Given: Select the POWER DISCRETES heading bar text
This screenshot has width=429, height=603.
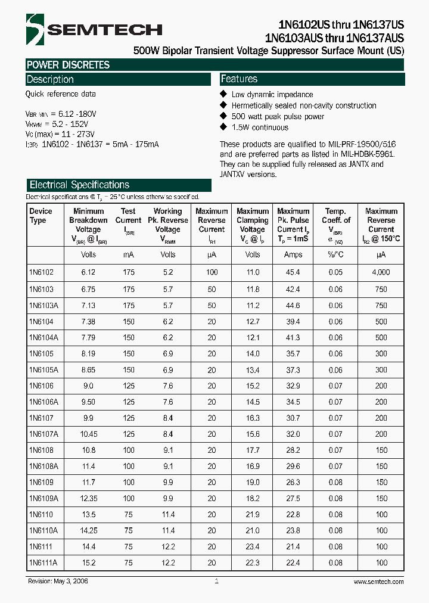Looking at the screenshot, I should coord(68,65).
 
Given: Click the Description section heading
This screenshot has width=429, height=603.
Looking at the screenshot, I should coord(50,79).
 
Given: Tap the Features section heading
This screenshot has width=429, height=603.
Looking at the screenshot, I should coord(239,79).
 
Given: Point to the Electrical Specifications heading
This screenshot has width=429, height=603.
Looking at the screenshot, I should coord(79,185).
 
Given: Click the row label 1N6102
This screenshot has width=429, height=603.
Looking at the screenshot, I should coord(41,272).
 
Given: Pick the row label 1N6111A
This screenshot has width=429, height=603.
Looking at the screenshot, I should coord(43,562).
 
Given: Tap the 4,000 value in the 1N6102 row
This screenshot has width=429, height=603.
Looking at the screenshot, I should coord(381,272).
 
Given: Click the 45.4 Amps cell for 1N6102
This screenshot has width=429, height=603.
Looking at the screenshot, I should coord(293,272).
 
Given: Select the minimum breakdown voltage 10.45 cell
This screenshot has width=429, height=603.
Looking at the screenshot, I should coord(88,434).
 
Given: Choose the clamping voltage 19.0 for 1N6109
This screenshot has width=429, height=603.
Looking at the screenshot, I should coord(253,482).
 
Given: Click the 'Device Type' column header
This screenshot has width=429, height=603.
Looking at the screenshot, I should coord(41,216).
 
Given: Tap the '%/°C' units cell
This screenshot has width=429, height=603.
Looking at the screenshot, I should coord(335,254).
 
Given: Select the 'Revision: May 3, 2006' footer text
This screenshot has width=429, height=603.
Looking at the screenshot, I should coord(57,582).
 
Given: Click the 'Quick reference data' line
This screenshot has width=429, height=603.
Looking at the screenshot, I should coord(60,94).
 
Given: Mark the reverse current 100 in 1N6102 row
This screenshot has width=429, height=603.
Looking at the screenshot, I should coord(212,272).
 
